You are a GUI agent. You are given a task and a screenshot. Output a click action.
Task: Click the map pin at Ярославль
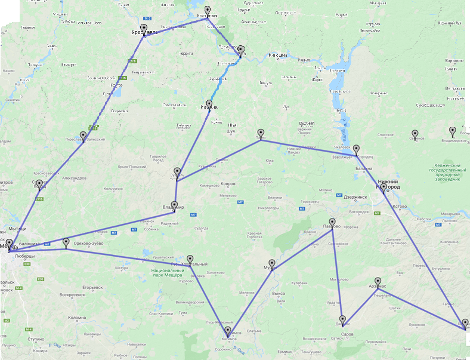[x=144, y=29]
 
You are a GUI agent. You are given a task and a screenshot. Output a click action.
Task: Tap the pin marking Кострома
[x=208, y=11]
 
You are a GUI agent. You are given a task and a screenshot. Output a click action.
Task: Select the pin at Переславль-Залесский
[x=83, y=136]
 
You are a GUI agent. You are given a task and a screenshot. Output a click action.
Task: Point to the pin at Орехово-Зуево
[x=66, y=242]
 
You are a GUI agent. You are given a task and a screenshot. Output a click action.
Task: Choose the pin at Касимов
[x=227, y=331]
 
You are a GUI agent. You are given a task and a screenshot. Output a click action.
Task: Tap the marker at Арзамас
[x=378, y=281]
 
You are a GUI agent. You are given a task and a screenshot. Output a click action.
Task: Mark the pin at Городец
[x=356, y=149]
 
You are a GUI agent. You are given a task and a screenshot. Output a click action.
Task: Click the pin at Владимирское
[x=452, y=131]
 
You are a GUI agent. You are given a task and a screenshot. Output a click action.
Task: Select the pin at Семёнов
[x=415, y=134]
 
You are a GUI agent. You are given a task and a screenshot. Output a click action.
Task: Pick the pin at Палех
[x=261, y=133]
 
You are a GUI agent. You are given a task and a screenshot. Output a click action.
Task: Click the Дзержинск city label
[x=358, y=196]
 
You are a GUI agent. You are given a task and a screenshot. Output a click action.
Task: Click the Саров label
[x=347, y=334]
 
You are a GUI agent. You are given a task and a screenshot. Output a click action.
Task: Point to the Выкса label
[x=278, y=293]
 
